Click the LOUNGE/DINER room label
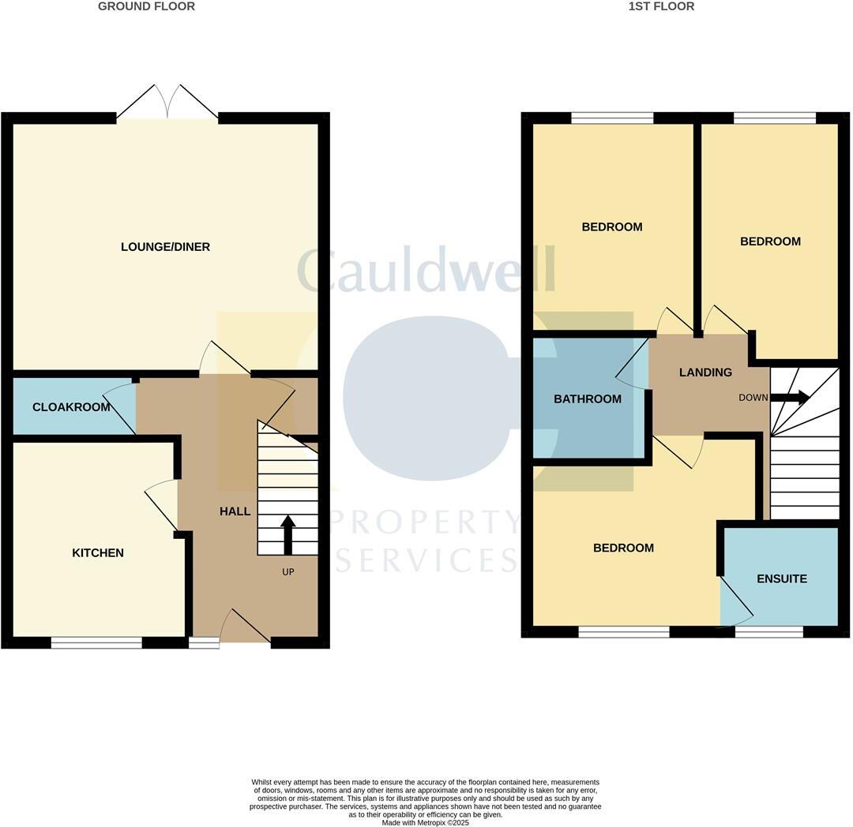(165, 247)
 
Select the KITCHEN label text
(98, 553)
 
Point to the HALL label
(235, 511)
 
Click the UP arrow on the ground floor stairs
(287, 533)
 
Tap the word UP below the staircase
(287, 572)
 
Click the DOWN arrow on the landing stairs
(791, 398)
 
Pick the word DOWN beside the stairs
(753, 398)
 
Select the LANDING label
(705, 372)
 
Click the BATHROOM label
(587, 399)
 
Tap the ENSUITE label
(781, 579)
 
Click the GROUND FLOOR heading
(146, 6)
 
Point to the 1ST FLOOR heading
(661, 6)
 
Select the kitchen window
(96, 643)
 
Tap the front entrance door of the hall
(245, 627)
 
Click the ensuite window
(769, 631)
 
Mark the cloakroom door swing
(120, 407)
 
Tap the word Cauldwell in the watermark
(426, 270)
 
